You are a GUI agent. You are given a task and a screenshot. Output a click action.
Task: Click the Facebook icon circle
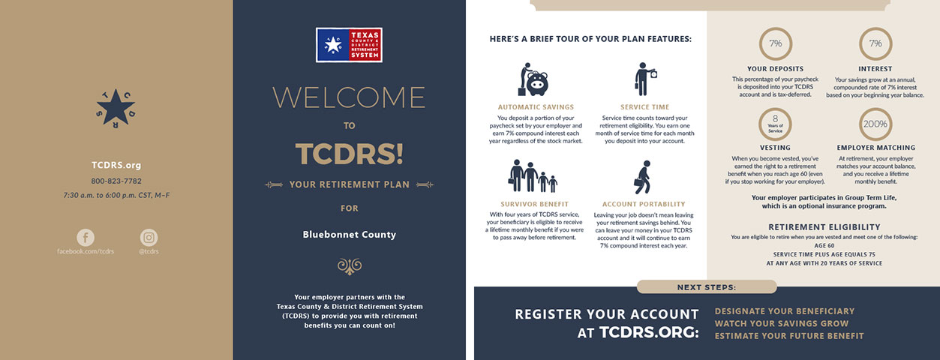coord(86,238)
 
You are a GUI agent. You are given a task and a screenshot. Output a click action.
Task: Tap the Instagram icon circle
coord(149,238)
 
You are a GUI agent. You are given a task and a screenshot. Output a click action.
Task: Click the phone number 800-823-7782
coord(116,181)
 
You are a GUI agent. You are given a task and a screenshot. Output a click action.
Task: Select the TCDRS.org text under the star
coord(116,165)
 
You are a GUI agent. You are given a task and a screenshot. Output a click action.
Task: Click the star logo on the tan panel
coord(116,108)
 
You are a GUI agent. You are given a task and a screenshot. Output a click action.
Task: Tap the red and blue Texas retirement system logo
coord(349,45)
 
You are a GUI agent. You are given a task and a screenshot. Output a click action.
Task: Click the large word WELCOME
coord(349,97)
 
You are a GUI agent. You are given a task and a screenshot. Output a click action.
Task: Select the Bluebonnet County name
coord(349,234)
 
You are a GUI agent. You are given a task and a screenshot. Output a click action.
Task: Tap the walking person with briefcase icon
coord(643,177)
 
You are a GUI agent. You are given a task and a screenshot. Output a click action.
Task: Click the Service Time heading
coord(645,107)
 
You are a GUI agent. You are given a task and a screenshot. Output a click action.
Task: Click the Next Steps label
coord(707,287)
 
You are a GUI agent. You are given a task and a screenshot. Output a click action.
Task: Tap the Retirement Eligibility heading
coord(824,227)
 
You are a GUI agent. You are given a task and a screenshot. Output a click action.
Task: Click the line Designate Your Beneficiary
coord(785,311)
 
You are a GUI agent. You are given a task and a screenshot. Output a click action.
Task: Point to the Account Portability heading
coord(644,204)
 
